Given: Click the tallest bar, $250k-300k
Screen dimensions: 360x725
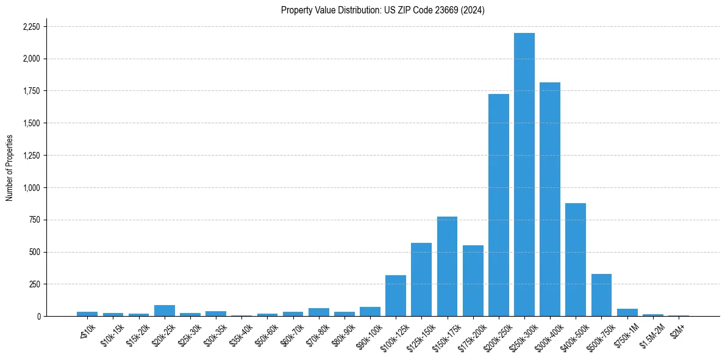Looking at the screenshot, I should pyautogui.click(x=524, y=175).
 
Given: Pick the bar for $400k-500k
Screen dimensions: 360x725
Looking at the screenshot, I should pyautogui.click(x=576, y=259).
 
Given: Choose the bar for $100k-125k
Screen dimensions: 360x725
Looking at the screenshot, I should pyautogui.click(x=396, y=295).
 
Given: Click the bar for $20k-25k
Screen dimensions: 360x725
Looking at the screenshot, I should pyautogui.click(x=165, y=311).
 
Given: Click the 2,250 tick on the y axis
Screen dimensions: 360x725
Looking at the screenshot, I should pyautogui.click(x=31, y=27).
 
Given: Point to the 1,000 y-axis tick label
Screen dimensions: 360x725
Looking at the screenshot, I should pyautogui.click(x=31, y=188).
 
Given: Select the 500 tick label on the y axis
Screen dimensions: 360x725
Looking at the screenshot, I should pyautogui.click(x=35, y=252).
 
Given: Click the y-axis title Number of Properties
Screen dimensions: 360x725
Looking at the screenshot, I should pyautogui.click(x=10, y=167).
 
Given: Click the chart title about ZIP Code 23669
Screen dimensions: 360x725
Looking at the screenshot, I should pyautogui.click(x=382, y=10).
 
